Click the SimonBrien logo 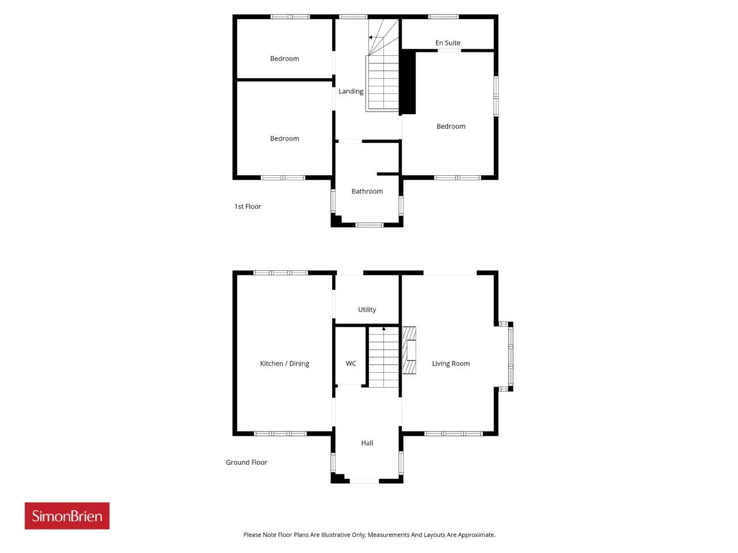click(67, 516)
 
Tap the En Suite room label click(447, 43)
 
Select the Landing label click(351, 92)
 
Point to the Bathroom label click(367, 191)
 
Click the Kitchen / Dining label click(284, 363)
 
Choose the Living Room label click(450, 363)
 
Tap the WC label click(351, 363)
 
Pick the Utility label click(367, 309)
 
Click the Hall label click(367, 443)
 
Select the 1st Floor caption click(247, 206)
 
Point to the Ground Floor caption click(246, 463)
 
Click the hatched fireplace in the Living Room click(409, 350)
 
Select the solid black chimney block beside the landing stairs click(408, 82)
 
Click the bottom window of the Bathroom click(369, 225)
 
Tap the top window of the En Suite click(443, 17)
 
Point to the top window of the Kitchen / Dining click(280, 272)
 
